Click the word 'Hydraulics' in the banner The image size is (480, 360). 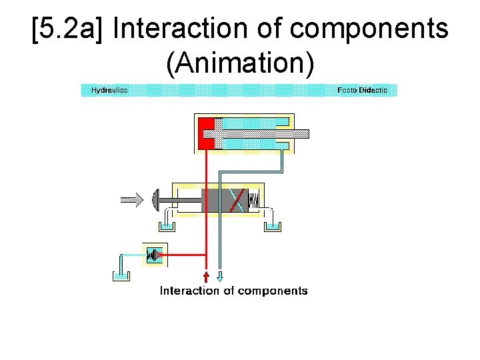coord(109,90)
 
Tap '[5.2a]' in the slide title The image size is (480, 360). coord(67,30)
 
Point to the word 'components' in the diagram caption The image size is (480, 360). coord(273,291)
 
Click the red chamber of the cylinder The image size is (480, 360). coord(207,132)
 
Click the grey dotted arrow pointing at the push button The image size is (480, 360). coord(132,198)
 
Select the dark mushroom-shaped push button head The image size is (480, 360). coord(157,199)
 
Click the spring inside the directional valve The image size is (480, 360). coord(254,199)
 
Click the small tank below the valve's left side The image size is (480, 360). coord(167,225)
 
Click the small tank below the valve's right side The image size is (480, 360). coord(273,225)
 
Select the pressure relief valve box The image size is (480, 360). coord(155,255)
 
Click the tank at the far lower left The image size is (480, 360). coord(121,274)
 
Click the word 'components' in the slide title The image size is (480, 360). coord(370,30)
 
